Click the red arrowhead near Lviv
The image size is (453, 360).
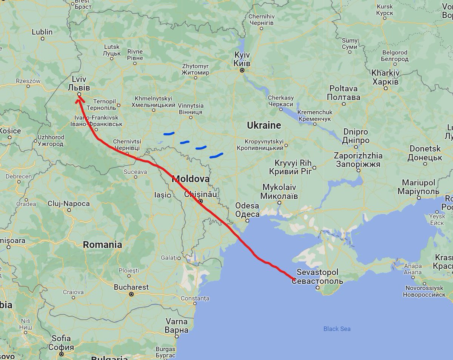pos(80,99)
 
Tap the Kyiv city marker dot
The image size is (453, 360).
pos(242,70)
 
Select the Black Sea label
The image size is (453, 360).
pos(337,329)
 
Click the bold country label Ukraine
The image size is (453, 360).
pos(264,125)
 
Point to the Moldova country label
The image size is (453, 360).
pos(191,179)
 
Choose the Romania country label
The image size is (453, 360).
pos(102,245)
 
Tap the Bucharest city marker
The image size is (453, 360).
pos(131,294)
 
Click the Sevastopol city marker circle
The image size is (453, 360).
pos(318,288)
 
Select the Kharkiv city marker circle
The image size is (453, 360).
pos(386,89)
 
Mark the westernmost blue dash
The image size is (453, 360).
pos(169,133)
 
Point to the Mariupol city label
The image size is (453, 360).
pos(418,187)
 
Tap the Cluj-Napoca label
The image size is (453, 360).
pos(69,204)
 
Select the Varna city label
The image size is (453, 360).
pos(177,326)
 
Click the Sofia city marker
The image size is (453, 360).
pos(62,354)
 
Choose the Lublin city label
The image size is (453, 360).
pos(42,32)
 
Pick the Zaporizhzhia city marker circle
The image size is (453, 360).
pos(359,171)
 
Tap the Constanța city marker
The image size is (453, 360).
pos(195,303)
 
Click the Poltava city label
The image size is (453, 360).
pos(344,93)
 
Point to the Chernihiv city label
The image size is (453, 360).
pos(261,20)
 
